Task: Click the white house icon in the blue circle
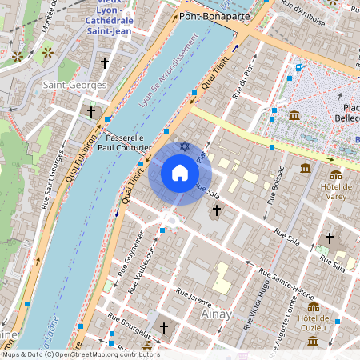(180, 172)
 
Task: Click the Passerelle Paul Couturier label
(124, 142)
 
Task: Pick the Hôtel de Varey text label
(335, 192)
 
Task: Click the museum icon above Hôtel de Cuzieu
(313, 306)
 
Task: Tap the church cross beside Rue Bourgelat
(164, 328)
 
